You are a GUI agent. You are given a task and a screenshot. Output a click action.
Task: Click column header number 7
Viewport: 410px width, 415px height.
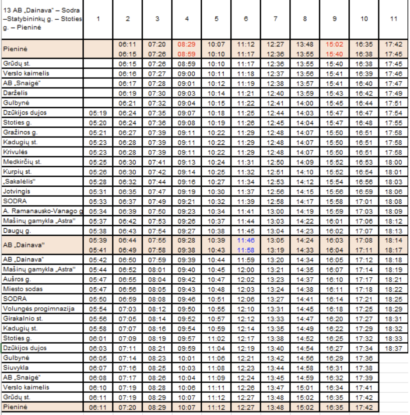275,19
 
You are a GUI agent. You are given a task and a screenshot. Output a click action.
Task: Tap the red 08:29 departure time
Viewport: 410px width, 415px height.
186,44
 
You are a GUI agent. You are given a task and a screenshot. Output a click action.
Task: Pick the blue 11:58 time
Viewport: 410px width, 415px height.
245,249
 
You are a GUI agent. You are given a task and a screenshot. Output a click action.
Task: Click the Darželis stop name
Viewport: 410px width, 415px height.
14,93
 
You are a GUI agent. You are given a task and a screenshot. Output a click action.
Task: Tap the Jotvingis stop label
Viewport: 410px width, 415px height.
15,191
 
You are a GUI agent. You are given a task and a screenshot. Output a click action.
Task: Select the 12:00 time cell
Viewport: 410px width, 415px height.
245,270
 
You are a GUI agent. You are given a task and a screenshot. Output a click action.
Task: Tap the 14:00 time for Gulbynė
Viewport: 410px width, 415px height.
305,103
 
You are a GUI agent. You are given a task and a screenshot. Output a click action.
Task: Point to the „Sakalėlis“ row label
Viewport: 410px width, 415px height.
20,181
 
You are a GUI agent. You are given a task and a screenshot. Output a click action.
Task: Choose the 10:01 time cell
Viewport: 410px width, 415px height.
186,358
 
